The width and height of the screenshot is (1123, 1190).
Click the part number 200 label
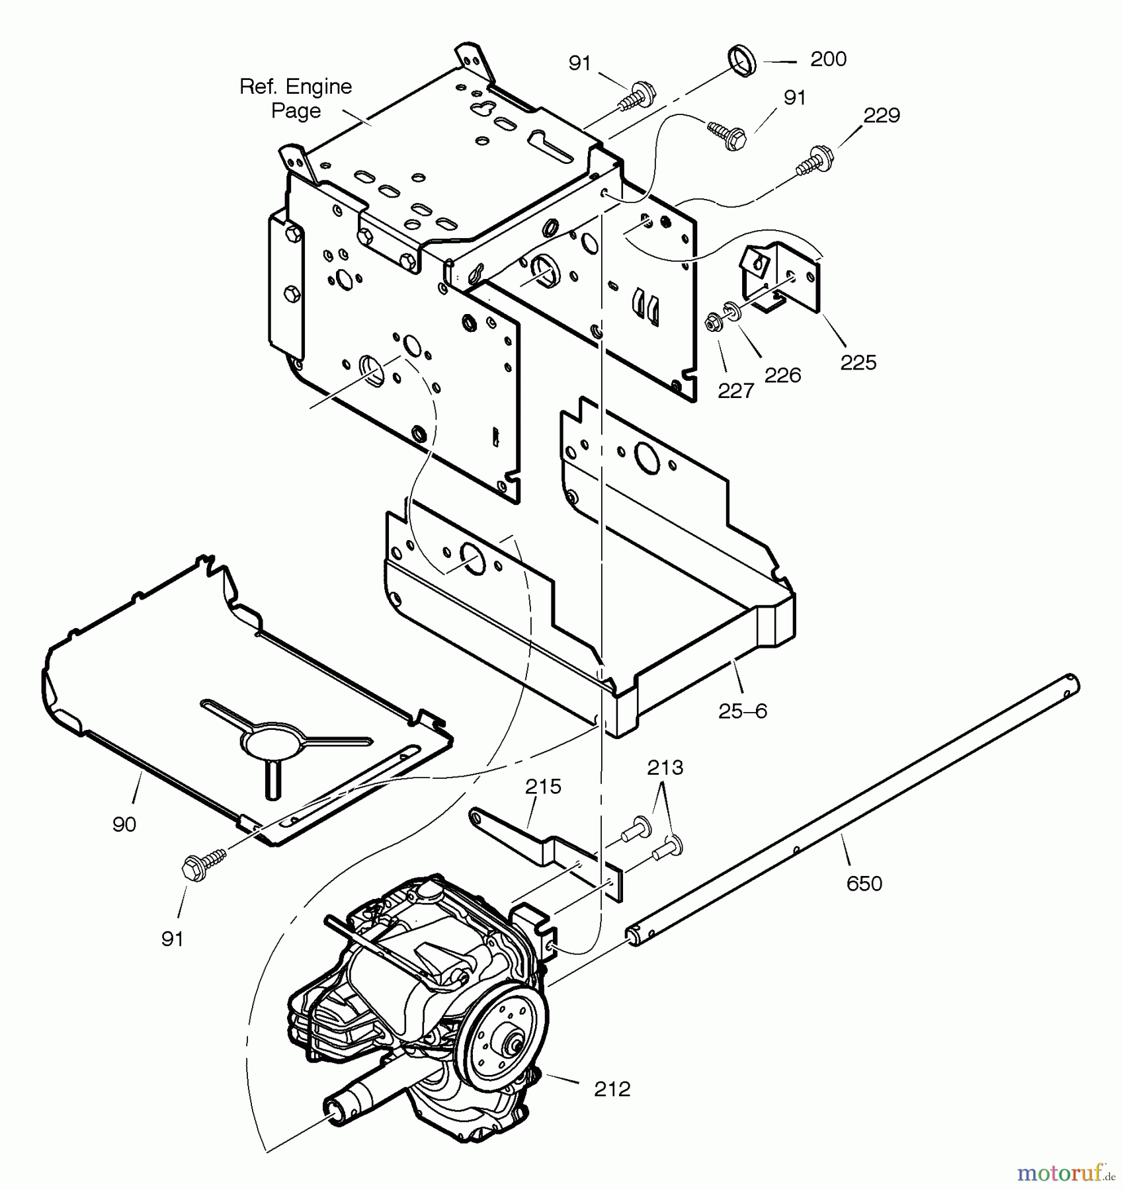click(x=828, y=59)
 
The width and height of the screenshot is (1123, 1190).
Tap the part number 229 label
click(x=882, y=116)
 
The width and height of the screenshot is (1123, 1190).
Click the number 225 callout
click(x=858, y=362)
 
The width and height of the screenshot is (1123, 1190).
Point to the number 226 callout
click(x=782, y=376)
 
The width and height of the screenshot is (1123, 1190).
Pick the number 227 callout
click(x=735, y=391)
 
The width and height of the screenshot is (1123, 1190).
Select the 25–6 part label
click(x=742, y=711)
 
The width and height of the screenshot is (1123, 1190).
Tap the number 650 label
click(x=864, y=884)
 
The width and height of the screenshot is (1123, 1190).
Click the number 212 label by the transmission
click(x=612, y=1089)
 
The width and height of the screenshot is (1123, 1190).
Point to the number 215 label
click(x=543, y=787)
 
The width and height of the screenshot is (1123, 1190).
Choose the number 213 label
click(x=665, y=768)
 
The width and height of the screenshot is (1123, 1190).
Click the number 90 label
click(x=124, y=824)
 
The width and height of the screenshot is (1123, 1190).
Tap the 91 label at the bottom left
click(x=172, y=939)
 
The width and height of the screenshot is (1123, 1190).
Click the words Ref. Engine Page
click(x=296, y=99)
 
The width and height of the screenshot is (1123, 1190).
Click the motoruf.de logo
click(x=1065, y=1173)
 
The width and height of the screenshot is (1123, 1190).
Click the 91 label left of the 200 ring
click(x=579, y=63)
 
